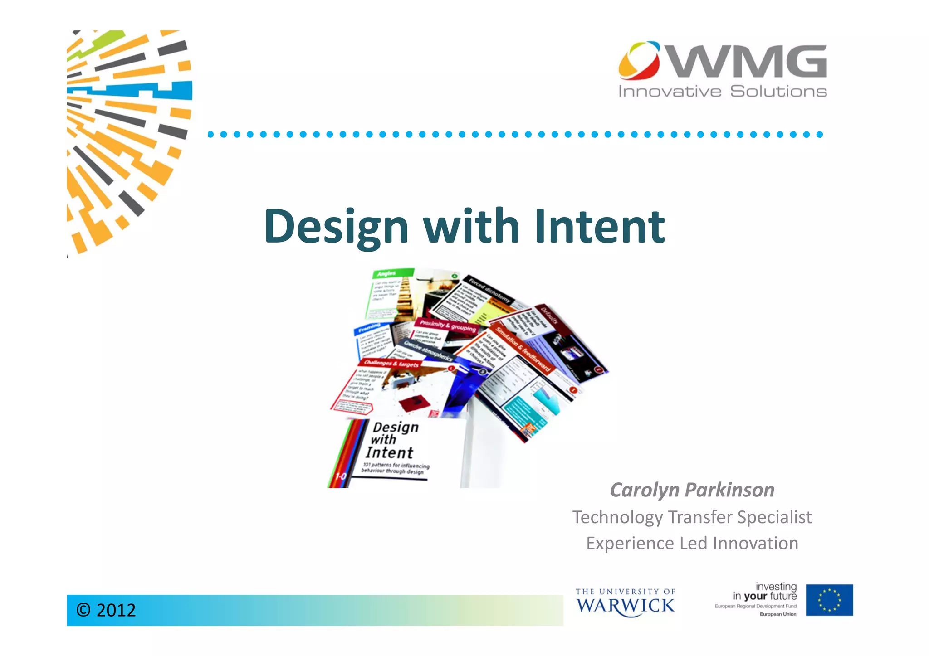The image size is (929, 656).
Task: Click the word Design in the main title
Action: [336, 227]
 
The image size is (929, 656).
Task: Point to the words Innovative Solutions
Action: [723, 92]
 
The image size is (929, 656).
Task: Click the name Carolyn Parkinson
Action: [692, 490]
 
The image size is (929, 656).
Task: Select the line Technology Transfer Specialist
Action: [692, 517]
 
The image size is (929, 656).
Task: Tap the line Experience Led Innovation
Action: [692, 544]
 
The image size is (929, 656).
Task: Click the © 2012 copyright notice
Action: [106, 610]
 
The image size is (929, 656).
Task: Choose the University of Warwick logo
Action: [625, 603]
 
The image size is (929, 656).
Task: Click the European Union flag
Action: [829, 600]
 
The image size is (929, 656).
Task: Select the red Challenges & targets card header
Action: [391, 363]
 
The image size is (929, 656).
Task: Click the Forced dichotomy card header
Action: [489, 290]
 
